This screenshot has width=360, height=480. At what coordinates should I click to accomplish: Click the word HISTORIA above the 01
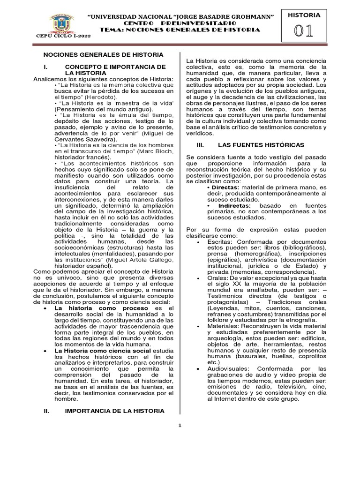point(307,15)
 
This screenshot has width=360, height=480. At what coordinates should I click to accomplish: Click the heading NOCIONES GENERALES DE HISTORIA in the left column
point(104,54)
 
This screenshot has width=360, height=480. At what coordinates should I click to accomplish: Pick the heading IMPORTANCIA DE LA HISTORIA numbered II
point(115,411)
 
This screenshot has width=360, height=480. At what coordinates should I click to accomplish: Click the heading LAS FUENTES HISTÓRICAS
point(261,145)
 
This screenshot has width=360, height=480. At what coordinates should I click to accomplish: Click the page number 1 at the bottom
point(180,426)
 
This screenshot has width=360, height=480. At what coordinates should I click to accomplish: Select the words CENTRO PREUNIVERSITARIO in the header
point(180,23)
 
